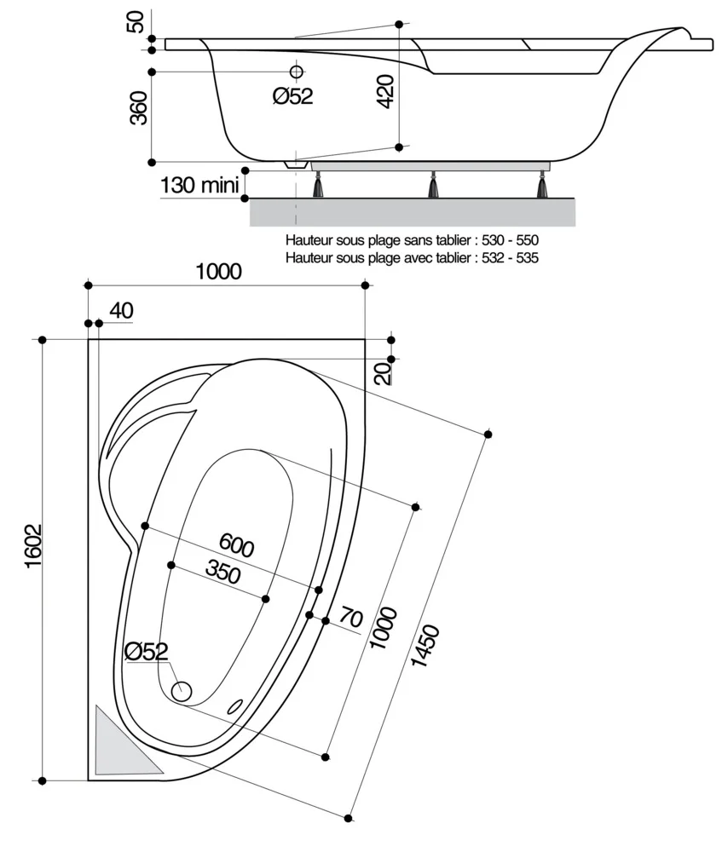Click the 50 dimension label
[x=136, y=22]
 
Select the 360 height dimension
[x=137, y=108]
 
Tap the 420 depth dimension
[x=385, y=89]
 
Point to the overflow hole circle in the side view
[x=297, y=71]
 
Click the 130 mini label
[x=199, y=184]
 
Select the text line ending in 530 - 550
[x=413, y=241]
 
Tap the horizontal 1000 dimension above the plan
[x=219, y=272]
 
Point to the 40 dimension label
[x=121, y=312]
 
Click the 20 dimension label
[x=384, y=372]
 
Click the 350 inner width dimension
[x=223, y=573]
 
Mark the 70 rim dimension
[x=351, y=615]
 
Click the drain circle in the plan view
[x=181, y=691]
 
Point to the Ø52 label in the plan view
[x=146, y=652]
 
